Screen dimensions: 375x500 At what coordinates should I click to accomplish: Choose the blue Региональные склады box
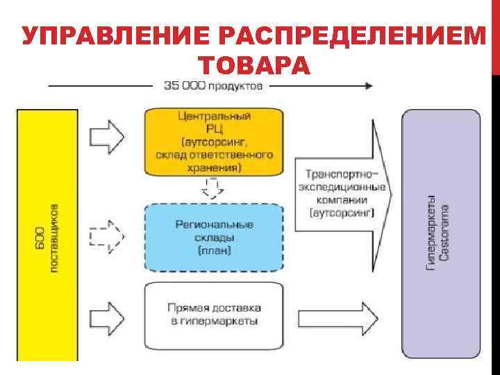pos(214,237)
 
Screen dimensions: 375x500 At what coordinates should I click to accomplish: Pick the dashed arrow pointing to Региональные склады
pos(107,237)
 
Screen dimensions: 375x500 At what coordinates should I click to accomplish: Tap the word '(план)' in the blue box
pos(214,250)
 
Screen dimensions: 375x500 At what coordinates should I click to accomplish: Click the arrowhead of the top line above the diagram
pos(367,86)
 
